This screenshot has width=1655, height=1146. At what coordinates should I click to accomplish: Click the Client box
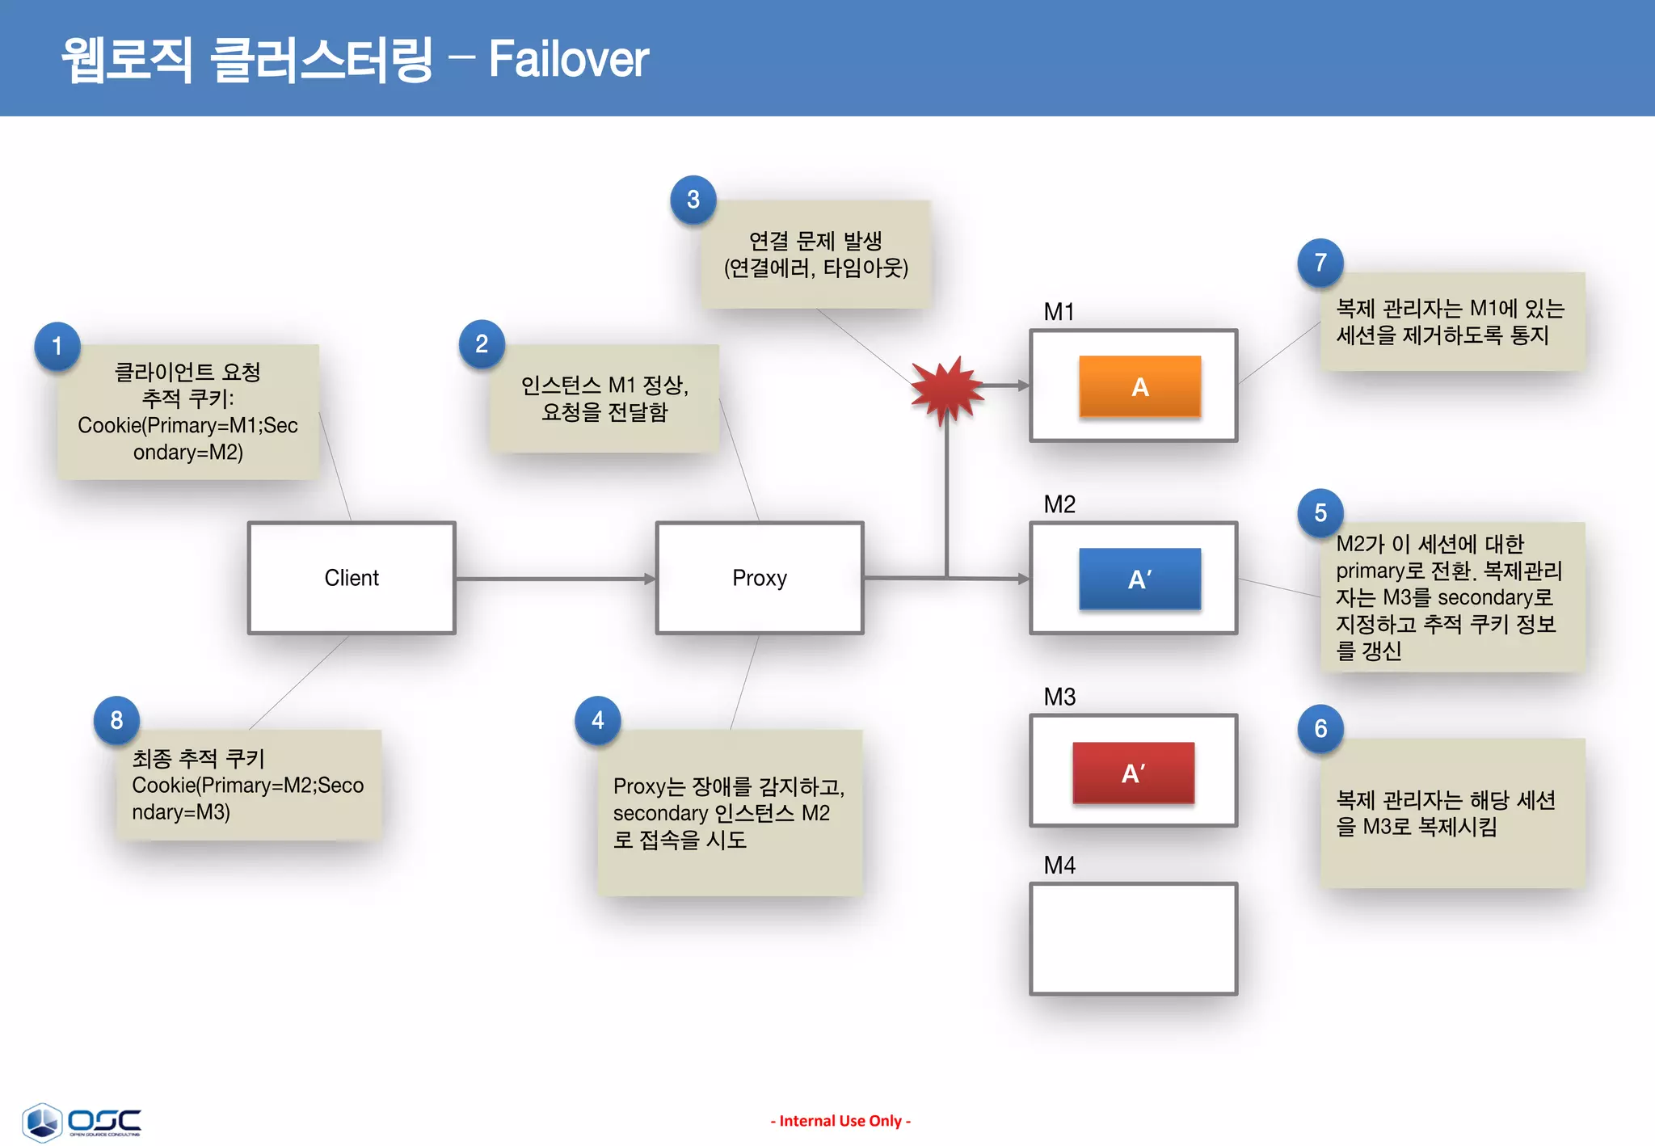coord(352,578)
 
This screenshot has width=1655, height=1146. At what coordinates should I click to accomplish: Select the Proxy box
coord(759,578)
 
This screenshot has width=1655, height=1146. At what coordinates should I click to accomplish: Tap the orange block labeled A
coord(1139,386)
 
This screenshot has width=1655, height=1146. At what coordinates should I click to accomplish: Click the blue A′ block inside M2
coord(1139,579)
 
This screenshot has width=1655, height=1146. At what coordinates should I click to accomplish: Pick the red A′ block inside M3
coord(1133,773)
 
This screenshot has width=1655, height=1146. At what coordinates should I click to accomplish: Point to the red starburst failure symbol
coord(945,390)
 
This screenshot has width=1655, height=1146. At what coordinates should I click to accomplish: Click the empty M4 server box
coord(1133,938)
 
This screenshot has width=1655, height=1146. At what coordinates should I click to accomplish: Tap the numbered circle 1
coord(57,346)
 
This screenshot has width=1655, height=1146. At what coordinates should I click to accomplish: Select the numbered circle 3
coord(693,199)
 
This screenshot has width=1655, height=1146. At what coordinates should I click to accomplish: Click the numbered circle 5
coord(1320,512)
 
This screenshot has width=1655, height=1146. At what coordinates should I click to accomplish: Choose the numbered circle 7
coord(1320,262)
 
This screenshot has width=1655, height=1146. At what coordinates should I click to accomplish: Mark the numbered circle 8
coord(116,719)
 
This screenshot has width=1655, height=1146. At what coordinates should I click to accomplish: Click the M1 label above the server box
coord(1059,312)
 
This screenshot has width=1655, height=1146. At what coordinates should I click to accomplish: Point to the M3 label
coord(1059,697)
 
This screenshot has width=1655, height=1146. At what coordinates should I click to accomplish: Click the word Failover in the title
coord(568,59)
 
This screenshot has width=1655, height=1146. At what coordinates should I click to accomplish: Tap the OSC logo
coord(81,1122)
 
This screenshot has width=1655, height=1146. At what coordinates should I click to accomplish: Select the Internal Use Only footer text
coord(840,1121)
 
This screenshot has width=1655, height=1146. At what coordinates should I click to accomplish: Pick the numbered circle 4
coord(597,719)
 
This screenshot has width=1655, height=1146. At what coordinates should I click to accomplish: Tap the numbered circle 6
coord(1320,728)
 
